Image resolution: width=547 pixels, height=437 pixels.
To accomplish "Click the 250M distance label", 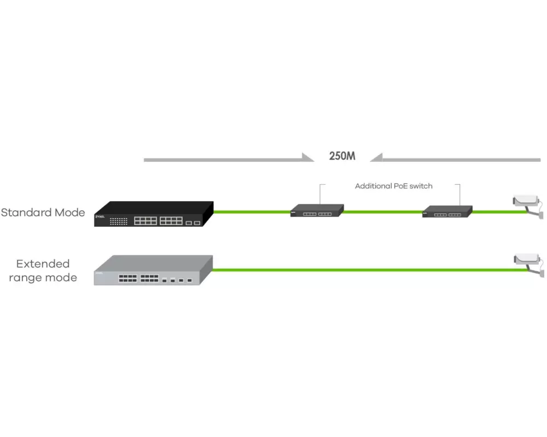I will [342, 156].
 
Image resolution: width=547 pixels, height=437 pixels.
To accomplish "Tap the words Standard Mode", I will [43, 212].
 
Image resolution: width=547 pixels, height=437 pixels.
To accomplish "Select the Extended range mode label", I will [43, 271].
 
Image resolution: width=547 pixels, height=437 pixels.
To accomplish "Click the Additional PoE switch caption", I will [393, 186].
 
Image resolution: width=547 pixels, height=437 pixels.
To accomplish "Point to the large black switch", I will [153, 214].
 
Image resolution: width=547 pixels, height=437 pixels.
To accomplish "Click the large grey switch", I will [153, 270].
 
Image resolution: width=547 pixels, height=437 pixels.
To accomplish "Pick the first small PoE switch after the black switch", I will [317, 210].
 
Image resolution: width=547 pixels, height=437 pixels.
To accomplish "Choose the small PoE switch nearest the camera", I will [447, 211].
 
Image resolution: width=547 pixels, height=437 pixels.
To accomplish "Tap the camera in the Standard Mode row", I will [527, 203].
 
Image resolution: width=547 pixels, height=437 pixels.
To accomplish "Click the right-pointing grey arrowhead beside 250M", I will [307, 158].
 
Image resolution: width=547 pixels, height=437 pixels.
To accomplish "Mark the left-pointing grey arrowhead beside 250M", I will [377, 158].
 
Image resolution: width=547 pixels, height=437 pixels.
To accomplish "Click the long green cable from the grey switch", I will [361, 269].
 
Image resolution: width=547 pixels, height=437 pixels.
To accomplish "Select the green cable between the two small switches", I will [383, 211].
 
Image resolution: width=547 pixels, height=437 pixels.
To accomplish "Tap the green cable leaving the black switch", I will [252, 211].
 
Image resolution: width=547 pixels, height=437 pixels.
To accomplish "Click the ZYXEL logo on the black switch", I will [100, 217].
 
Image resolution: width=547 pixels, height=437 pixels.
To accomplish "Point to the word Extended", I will [43, 264].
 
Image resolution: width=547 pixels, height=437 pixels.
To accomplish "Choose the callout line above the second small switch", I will [459, 193].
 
